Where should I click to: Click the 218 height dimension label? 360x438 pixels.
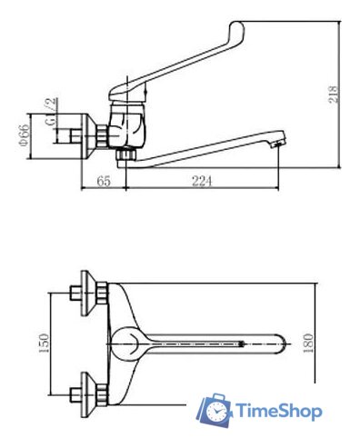click(x=333, y=95)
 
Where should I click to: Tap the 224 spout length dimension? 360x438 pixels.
click(x=202, y=181)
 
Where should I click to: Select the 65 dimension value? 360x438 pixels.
click(x=104, y=181)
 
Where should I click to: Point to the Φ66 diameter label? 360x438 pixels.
click(x=25, y=135)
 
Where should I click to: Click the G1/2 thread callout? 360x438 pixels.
click(x=51, y=112)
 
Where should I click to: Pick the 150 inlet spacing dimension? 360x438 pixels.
click(x=45, y=343)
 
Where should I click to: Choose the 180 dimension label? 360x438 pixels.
click(x=308, y=343)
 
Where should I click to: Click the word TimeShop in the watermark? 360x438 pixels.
click(x=279, y=412)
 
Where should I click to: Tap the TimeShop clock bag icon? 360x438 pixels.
click(x=215, y=411)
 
